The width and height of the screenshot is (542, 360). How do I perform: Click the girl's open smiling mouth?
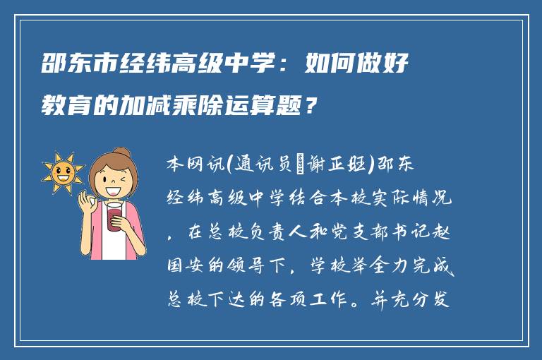click(113, 188)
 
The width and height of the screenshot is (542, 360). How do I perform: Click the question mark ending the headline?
click(311, 108)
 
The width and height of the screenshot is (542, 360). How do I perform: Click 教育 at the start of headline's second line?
click(59, 108)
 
